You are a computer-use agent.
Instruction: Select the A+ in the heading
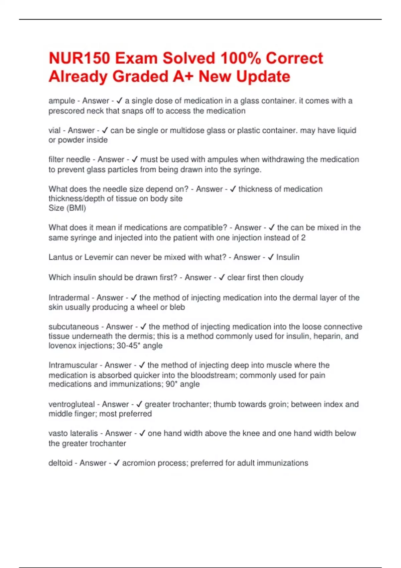(x=183, y=77)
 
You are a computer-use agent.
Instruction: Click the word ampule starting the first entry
(x=62, y=101)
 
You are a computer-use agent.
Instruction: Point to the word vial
(x=54, y=130)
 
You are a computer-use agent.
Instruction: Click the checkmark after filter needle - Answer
(x=135, y=160)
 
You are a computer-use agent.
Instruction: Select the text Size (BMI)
(x=67, y=208)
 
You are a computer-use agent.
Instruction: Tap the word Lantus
(x=60, y=257)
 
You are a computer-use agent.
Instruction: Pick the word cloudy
(x=292, y=278)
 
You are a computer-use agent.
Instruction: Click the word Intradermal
(x=69, y=298)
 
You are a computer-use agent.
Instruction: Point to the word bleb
(x=177, y=307)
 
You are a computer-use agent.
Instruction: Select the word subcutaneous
(x=74, y=327)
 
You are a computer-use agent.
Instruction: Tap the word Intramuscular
(x=73, y=365)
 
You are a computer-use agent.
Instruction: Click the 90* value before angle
(x=171, y=384)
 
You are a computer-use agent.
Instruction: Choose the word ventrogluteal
(x=72, y=404)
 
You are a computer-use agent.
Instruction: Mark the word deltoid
(x=60, y=463)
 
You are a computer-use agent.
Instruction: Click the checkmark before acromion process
(x=117, y=463)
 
